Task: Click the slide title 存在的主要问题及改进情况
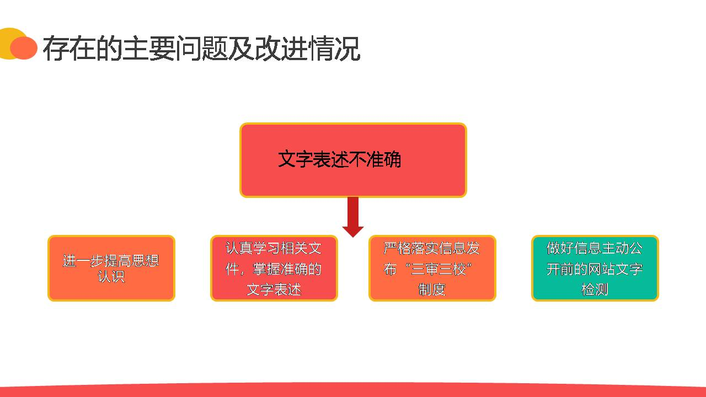pos(201,49)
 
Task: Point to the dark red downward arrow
pos(353,217)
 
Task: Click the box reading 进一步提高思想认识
pos(111,269)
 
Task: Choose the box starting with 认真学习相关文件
pos(274,269)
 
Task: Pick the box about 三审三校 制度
pos(432,269)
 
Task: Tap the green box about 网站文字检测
pos(595,269)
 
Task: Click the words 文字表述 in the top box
pos(309,160)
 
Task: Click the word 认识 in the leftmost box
pos(111,277)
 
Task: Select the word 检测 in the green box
pos(595,289)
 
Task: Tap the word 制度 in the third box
pos(432,289)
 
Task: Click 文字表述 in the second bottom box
pos(274,289)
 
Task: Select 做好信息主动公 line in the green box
pos(595,248)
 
